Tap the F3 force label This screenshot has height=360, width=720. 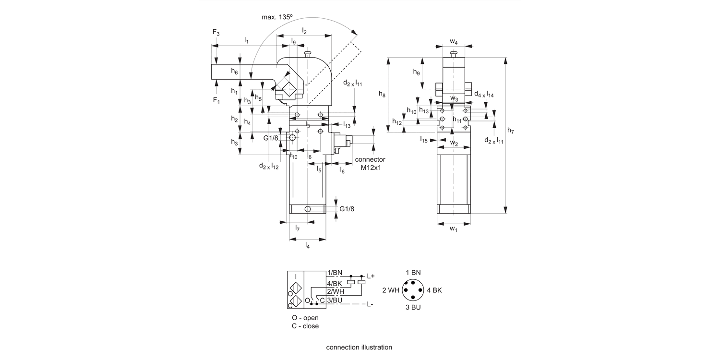[x=216, y=33]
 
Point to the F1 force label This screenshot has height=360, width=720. [x=216, y=101]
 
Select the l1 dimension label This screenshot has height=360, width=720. [x=246, y=40]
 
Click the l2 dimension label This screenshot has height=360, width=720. [x=304, y=31]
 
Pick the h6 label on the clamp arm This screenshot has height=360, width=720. [x=234, y=72]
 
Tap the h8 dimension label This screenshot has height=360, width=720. [x=382, y=95]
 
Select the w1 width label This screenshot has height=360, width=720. [x=454, y=229]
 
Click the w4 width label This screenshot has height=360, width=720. [x=454, y=42]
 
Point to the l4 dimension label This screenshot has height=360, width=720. [x=307, y=246]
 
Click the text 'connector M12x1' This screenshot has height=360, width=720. [x=370, y=164]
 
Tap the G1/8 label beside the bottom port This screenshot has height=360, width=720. [x=347, y=209]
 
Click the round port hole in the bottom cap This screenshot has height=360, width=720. [x=307, y=209]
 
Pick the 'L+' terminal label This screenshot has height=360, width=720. [x=371, y=276]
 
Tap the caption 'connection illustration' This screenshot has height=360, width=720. [x=359, y=347]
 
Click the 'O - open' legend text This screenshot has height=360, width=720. [x=305, y=318]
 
